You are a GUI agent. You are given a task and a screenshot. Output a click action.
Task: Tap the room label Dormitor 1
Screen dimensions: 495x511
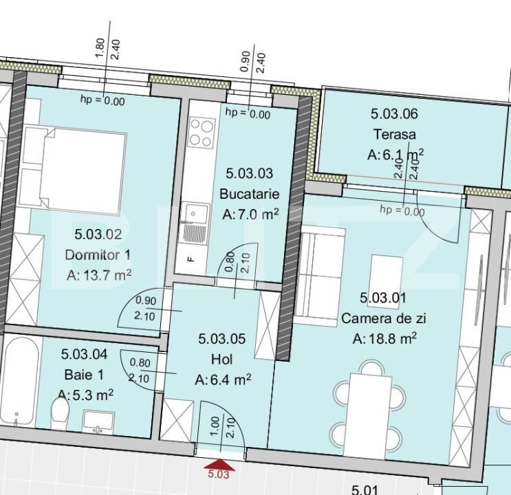pos(97,254)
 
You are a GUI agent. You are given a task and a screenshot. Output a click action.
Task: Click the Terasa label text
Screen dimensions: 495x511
pos(395,134)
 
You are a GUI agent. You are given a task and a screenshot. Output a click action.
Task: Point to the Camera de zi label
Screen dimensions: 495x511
pos(384,318)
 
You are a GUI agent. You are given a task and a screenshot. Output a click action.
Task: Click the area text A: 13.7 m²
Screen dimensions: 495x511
pos(99,275)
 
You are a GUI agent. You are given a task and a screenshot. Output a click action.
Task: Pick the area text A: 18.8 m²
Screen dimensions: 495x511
pos(384,338)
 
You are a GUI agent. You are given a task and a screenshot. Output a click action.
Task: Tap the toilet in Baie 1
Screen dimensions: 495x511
pos(61,415)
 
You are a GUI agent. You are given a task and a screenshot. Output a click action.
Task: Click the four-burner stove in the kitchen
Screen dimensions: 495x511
pos(202,132)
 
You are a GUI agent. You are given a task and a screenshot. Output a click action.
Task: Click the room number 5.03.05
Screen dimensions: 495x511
pos(221,339)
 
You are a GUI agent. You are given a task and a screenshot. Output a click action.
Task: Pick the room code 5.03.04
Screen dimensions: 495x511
pos(84,355)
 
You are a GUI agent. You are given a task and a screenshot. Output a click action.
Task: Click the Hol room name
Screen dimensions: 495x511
pos(221,359)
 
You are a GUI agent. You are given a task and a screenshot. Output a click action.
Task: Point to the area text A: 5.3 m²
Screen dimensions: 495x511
pos(85,395)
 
